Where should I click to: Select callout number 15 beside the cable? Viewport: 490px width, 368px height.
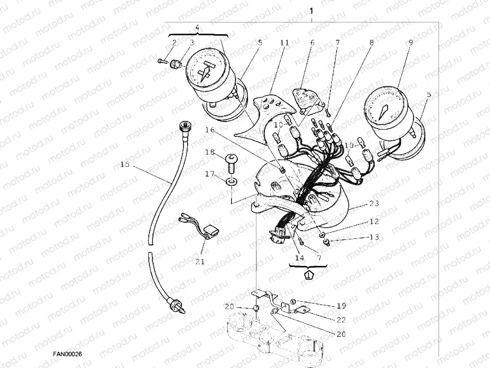point(125,165)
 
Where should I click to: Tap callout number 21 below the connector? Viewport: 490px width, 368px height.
point(199,262)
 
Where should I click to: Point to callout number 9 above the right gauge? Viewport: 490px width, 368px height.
point(410,43)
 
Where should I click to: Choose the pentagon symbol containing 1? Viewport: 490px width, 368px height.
point(308,275)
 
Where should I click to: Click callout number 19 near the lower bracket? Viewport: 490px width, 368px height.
point(341,306)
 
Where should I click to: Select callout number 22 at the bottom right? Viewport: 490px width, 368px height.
point(341,320)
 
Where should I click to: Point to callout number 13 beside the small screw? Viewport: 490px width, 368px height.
point(374,238)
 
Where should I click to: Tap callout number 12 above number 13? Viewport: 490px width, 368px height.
point(374,222)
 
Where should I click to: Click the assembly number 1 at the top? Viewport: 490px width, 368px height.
point(312,11)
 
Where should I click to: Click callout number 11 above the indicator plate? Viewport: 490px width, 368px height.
point(284,43)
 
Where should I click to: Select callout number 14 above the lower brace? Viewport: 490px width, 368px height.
point(299,258)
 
